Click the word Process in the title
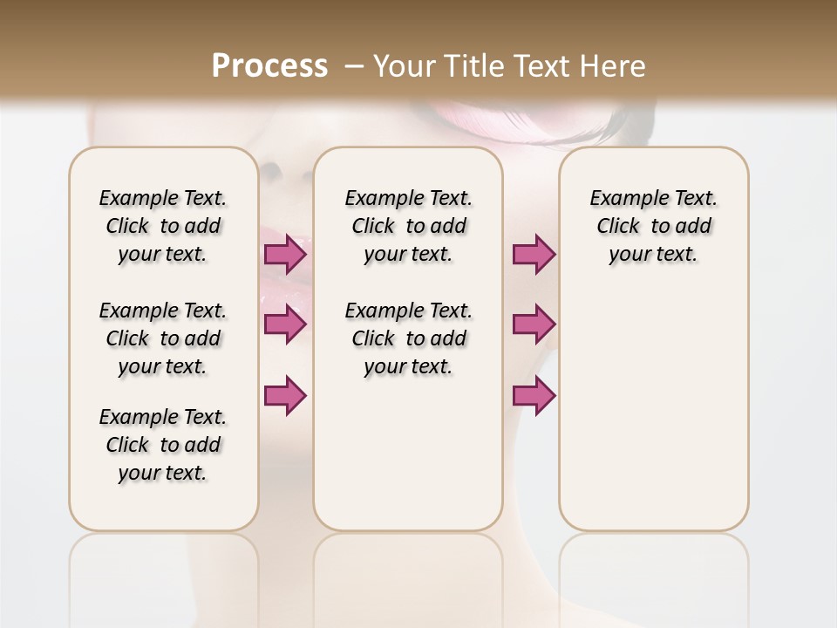(x=269, y=66)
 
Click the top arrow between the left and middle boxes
(x=285, y=255)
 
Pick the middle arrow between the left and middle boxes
(x=285, y=324)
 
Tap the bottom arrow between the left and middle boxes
(x=285, y=395)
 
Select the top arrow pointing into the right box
(x=534, y=255)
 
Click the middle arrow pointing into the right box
(x=534, y=324)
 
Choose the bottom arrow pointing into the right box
(x=534, y=395)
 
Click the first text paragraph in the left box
(x=163, y=226)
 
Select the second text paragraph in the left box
(x=163, y=338)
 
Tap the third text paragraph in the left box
(x=163, y=445)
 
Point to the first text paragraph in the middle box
(x=408, y=226)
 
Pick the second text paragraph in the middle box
(x=408, y=338)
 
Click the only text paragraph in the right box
(x=653, y=226)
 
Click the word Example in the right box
(x=621, y=199)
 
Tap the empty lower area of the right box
(x=653, y=410)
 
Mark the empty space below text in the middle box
(x=408, y=454)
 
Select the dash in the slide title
(x=353, y=66)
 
